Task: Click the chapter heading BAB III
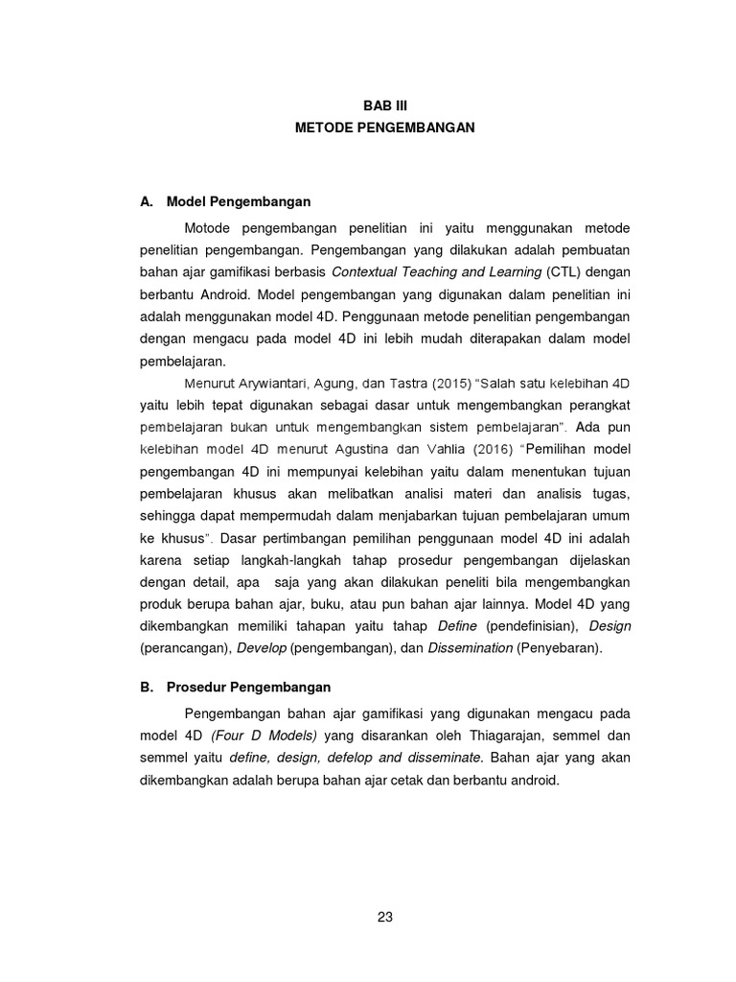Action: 384,106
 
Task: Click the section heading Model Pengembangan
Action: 238,202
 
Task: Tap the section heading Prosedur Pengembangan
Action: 248,688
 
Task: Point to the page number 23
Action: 384,916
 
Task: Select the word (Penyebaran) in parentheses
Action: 560,648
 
